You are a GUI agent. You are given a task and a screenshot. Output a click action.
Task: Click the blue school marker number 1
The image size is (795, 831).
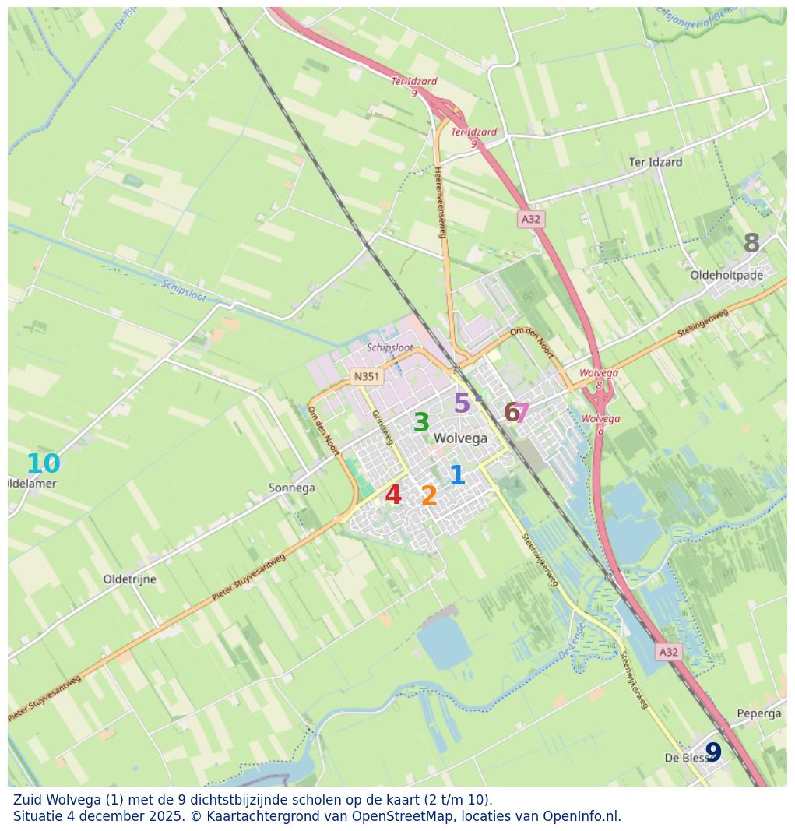pos(457,475)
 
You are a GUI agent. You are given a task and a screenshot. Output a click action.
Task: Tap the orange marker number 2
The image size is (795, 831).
pos(429,495)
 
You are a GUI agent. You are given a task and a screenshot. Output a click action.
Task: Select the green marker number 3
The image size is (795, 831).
pos(421,423)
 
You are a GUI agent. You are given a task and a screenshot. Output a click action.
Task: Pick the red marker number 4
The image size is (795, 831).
pos(393,495)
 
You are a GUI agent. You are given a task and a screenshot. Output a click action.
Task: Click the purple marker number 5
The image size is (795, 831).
pos(462,403)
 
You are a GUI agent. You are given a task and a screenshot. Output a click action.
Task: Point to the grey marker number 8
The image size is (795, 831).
pos(751,244)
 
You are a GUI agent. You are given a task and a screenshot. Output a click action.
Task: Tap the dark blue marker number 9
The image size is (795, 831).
pos(713,752)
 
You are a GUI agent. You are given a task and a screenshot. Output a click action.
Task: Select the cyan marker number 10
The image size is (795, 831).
pos(43,464)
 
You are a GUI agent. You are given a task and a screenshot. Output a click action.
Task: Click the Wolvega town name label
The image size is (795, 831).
pos(460,438)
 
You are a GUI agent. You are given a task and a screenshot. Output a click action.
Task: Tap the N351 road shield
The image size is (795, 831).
pos(366,376)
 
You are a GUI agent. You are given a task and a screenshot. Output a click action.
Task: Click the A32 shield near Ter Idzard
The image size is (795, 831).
pos(531,219)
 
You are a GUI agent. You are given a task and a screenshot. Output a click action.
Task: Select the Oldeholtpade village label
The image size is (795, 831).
pos(726,275)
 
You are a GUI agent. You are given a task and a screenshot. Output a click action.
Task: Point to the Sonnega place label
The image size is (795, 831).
pos(291,488)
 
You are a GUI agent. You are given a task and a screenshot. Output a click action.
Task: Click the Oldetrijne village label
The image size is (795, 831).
pos(130,579)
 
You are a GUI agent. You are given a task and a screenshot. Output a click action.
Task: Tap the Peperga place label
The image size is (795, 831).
pos(758,713)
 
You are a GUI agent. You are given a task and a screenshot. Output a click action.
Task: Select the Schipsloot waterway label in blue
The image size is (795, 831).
pos(185,292)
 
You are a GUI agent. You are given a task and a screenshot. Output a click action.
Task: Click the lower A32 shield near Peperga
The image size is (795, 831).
pos(668,652)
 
